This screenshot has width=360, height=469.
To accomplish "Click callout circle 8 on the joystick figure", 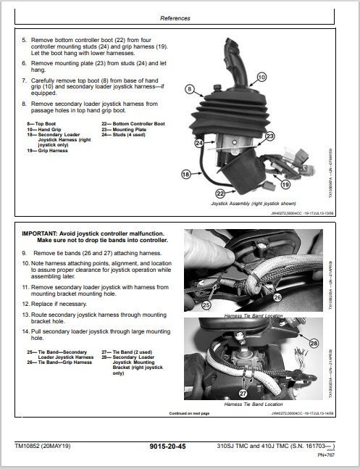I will click(191, 90).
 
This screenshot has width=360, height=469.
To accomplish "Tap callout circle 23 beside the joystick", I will click(269, 136).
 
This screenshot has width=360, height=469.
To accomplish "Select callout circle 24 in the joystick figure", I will click(198, 143).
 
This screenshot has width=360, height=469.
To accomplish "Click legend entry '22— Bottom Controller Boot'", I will click(134, 124).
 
